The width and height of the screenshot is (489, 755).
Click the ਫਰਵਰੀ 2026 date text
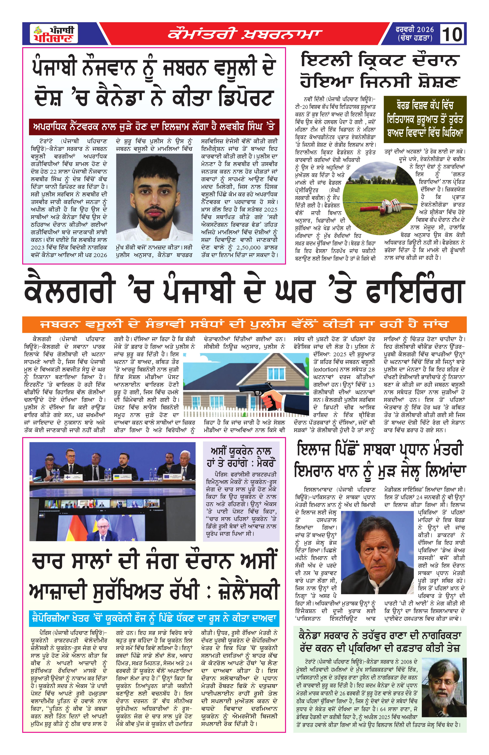[415, 29]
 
